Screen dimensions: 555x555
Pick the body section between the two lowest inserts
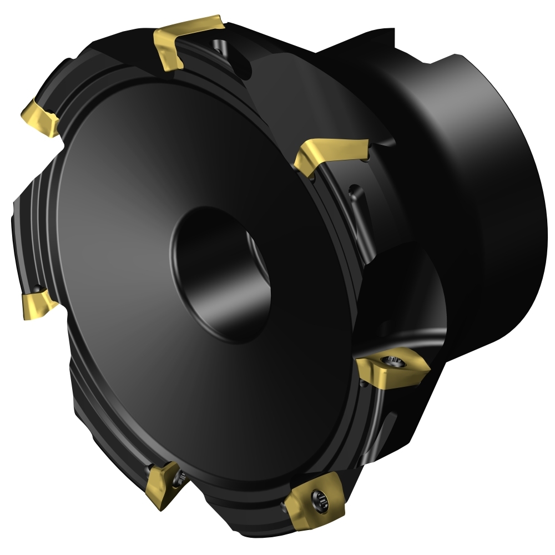[239, 500]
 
